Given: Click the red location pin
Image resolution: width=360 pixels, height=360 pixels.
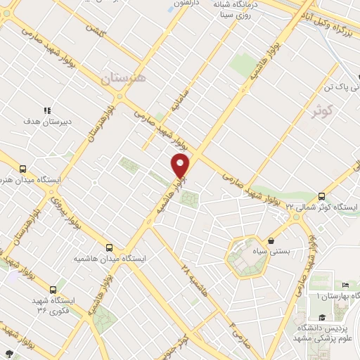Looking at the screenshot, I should coord(181,166).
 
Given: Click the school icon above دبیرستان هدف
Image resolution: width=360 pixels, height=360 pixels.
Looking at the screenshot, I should coord(48,110).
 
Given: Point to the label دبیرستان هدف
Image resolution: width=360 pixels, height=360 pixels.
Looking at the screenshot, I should coord(48,122).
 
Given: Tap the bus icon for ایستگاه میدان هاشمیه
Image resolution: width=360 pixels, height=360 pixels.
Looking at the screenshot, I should coord(109,247).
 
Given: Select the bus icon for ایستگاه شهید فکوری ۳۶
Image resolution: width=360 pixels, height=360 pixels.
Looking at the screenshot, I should coord(53,289).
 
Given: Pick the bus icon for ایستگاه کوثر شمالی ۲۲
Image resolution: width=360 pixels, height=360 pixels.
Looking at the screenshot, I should coord(322,196).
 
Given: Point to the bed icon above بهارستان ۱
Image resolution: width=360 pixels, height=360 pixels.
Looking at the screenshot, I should coord(345,284).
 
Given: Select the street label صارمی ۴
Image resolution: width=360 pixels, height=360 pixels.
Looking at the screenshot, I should coord(233,328).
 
